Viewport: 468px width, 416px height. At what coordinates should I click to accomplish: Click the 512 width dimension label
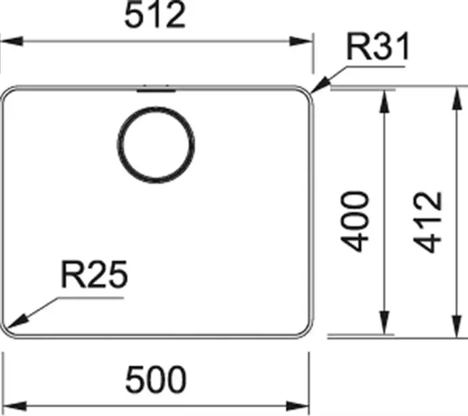click(155, 16)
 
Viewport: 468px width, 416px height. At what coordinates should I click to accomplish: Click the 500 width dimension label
click(156, 379)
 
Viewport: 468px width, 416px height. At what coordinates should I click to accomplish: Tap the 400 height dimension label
click(355, 222)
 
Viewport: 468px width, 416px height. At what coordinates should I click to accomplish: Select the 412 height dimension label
click(427, 223)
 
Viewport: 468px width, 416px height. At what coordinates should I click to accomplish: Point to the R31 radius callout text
click(378, 47)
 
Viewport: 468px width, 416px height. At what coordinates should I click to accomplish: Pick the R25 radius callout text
click(94, 274)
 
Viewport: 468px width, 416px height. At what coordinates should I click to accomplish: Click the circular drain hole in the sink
click(156, 145)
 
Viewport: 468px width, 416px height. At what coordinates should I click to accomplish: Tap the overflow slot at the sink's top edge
click(156, 89)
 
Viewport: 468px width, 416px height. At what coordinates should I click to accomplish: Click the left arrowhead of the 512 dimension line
click(12, 41)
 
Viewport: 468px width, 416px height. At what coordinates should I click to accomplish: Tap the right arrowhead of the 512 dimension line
click(301, 41)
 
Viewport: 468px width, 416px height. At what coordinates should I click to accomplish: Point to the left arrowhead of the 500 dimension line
click(15, 406)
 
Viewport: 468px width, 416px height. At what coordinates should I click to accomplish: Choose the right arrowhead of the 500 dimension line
click(297, 406)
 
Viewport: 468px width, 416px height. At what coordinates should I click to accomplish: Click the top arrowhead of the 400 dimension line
click(385, 101)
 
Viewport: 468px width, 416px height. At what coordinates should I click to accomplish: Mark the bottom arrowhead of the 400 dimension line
click(385, 322)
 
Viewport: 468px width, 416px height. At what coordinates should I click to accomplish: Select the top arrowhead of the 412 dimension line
click(457, 98)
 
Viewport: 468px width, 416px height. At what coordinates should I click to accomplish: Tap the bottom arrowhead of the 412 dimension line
click(457, 326)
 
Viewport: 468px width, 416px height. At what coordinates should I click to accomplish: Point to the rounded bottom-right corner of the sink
click(307, 332)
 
